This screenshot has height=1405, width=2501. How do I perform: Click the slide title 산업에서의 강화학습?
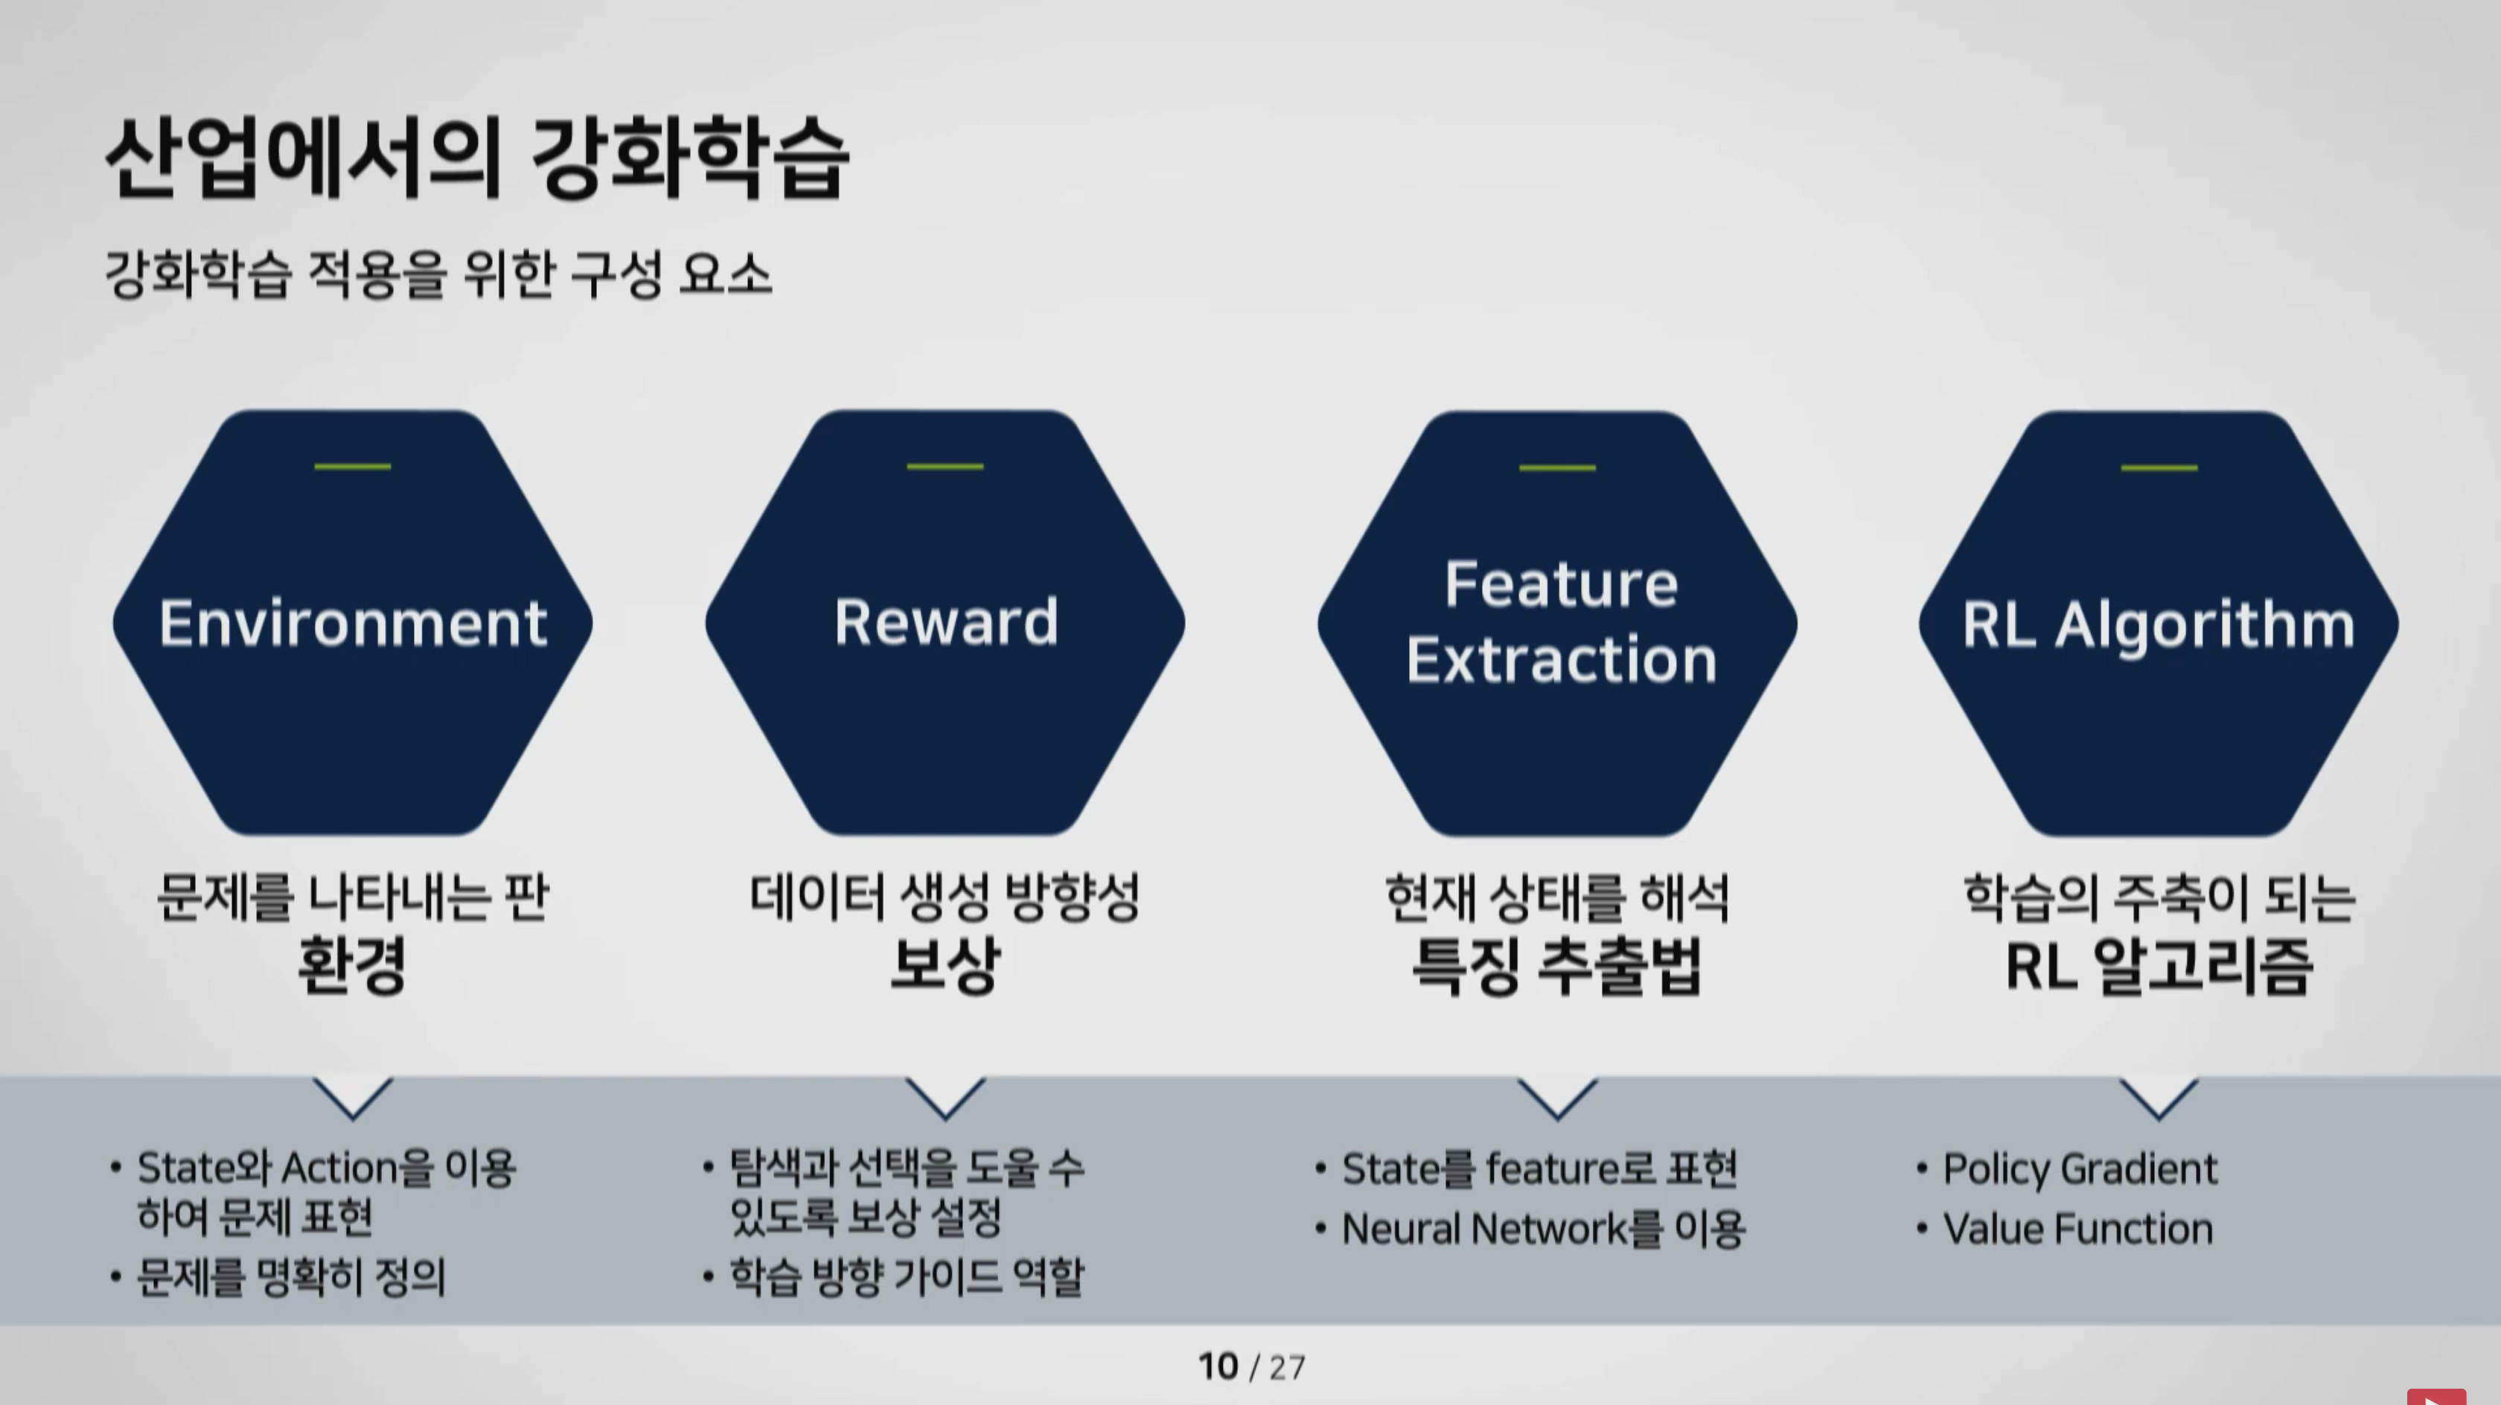click(476, 159)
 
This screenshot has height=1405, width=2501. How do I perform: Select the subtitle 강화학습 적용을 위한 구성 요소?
click(438, 275)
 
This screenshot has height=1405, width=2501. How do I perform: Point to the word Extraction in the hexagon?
click(1561, 660)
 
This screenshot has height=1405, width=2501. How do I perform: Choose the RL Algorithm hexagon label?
click(2159, 624)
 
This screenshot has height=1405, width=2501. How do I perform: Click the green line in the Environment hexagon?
click(352, 467)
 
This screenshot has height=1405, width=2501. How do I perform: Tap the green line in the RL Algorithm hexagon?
click(2159, 468)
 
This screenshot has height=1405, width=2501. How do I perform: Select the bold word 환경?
click(351, 965)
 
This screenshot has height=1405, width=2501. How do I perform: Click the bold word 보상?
click(945, 965)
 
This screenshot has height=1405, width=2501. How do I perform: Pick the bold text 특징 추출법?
click(1557, 966)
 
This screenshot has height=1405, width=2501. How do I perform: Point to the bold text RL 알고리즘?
click(2159, 966)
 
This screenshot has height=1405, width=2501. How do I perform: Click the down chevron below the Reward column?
click(945, 1098)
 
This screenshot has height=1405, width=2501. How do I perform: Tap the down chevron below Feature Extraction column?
click(1557, 1098)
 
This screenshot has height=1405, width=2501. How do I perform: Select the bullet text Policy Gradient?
click(2080, 1169)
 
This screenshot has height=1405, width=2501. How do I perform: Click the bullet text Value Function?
click(2077, 1229)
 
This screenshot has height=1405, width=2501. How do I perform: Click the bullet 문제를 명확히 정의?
click(291, 1277)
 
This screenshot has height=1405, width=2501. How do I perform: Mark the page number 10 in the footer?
click(1218, 1367)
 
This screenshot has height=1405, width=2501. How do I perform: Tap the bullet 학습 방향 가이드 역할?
click(906, 1277)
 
